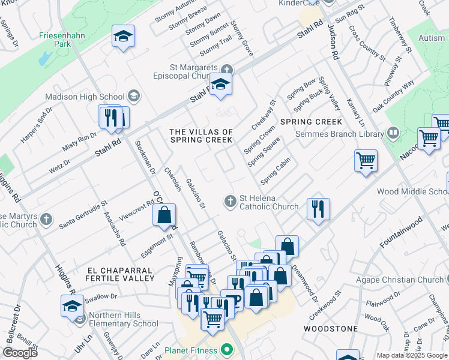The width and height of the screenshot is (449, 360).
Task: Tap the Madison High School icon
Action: (x=133, y=96)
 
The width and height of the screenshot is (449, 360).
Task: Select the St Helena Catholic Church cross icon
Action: (x=229, y=202)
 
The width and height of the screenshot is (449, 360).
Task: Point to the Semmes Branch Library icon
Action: (x=393, y=132)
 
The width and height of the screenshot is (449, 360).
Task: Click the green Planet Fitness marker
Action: (x=226, y=349)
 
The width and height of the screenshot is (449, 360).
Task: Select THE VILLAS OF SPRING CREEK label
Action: (x=201, y=136)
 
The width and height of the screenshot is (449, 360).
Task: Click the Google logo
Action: (x=19, y=353)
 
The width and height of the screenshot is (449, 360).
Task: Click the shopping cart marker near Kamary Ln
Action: (x=366, y=161)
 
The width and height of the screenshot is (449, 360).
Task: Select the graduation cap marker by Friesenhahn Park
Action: (x=123, y=37)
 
